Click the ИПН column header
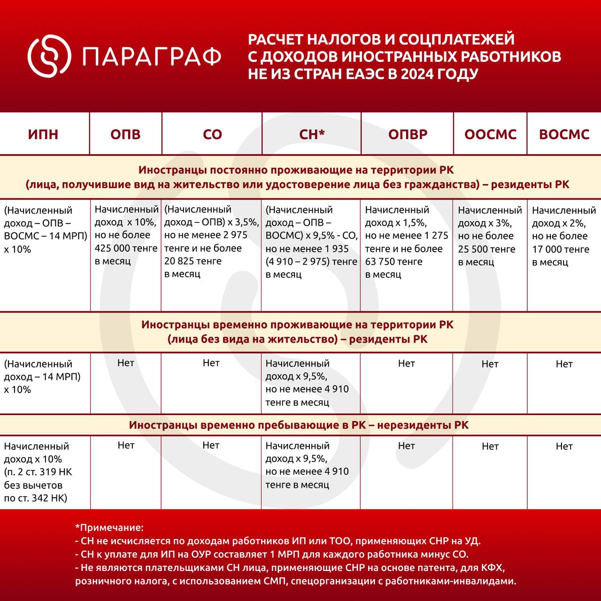click(x=43, y=134)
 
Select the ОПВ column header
click(x=125, y=134)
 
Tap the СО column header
click(x=212, y=134)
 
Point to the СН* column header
click(x=312, y=134)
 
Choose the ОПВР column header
click(x=408, y=134)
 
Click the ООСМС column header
click(x=490, y=134)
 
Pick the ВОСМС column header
click(x=564, y=134)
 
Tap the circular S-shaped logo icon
click(x=49, y=56)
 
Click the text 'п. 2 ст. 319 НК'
click(x=38, y=472)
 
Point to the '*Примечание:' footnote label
click(x=109, y=528)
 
